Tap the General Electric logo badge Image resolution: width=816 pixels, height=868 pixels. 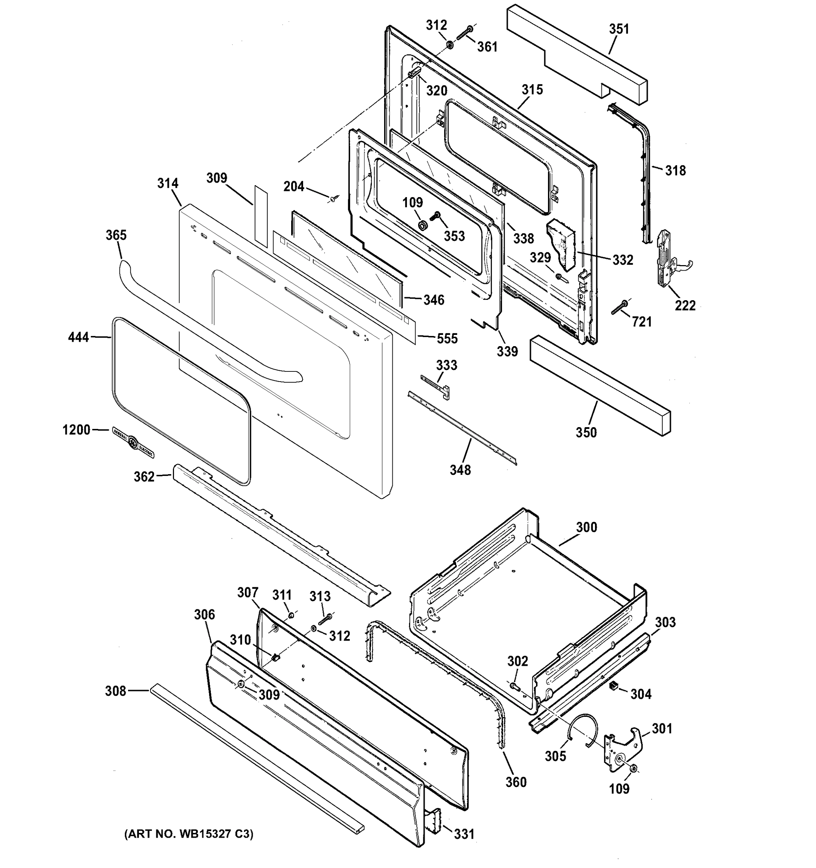pos(133,442)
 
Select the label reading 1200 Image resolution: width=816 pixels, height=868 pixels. pos(76,430)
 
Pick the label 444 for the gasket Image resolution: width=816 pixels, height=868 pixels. pos(78,337)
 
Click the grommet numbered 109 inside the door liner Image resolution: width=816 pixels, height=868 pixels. pos(422,226)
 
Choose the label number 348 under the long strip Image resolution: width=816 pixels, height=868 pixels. pos(460,470)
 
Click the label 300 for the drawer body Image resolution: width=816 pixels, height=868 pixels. pos(586,527)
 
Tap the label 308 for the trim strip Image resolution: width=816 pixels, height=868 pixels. pos(115,691)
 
